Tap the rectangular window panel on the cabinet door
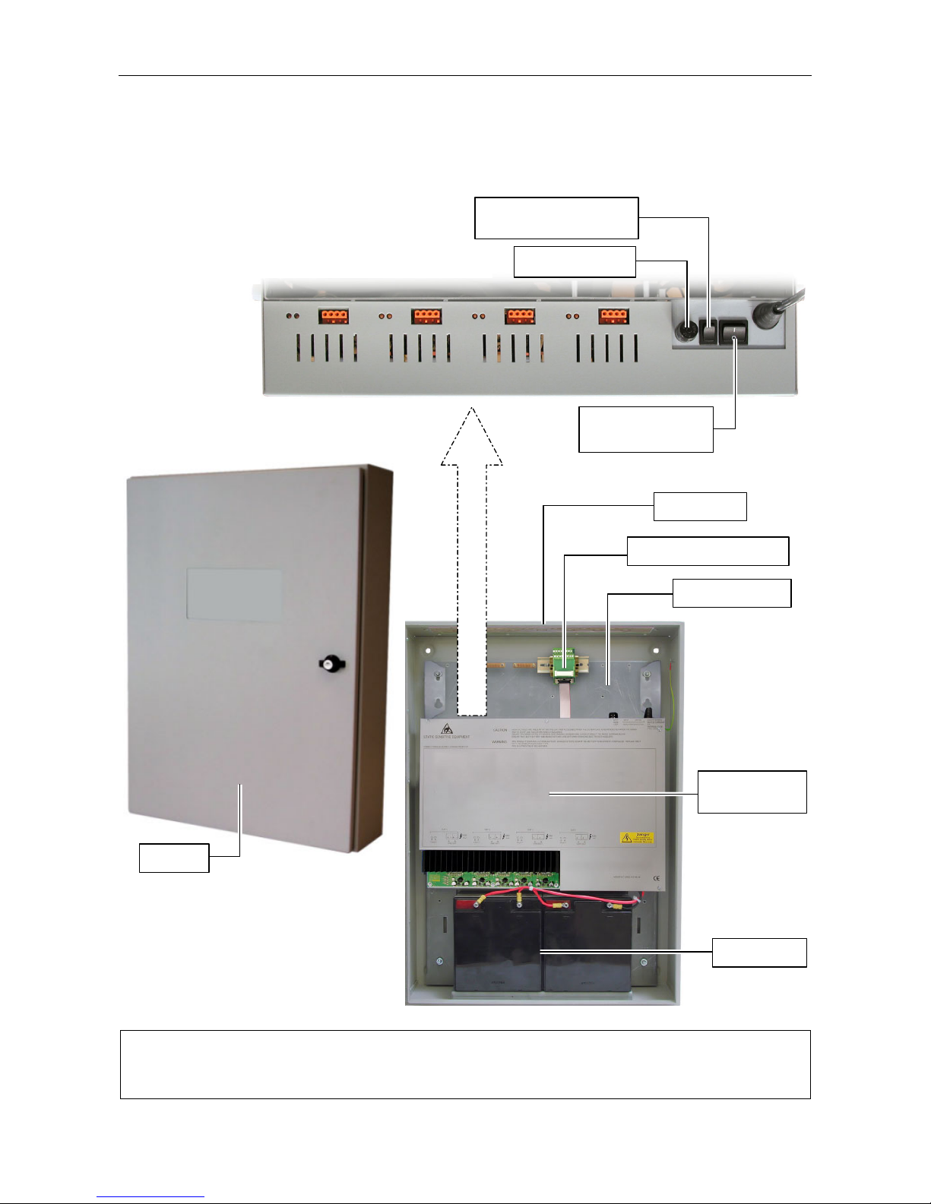coord(234,594)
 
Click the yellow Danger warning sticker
coord(636,837)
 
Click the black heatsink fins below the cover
coord(492,861)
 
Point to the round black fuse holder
coord(686,332)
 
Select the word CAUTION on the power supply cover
coord(499,730)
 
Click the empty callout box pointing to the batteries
coord(758,953)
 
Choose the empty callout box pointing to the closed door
coord(173,858)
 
